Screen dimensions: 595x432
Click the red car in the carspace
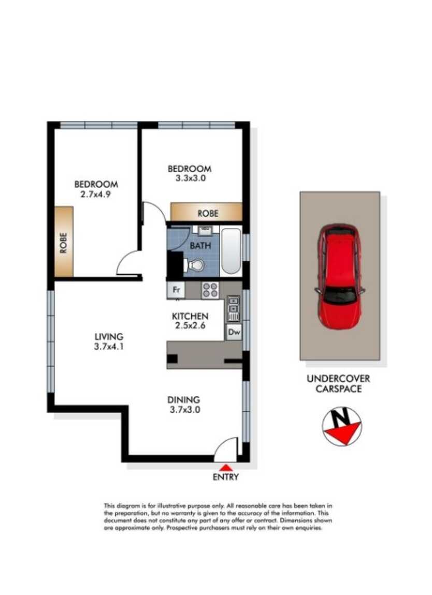pos(339,276)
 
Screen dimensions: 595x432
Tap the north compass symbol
pos(341,426)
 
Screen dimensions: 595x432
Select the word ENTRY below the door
pos(226,477)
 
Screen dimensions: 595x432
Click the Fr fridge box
pos(176,290)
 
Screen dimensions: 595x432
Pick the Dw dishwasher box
pos(234,332)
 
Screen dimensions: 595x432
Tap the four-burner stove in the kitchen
pos(210,290)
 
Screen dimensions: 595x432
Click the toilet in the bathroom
pos(195,265)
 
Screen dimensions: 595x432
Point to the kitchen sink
pos(234,309)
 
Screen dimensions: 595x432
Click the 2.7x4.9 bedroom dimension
pos(96,195)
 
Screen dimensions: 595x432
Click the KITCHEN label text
pos(190,316)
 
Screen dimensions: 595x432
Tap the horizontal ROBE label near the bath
pos(207,213)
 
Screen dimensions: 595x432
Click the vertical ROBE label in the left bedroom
pos(64,242)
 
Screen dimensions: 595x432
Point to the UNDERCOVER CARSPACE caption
pos(338,383)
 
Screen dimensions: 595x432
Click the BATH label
pos(200,245)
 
